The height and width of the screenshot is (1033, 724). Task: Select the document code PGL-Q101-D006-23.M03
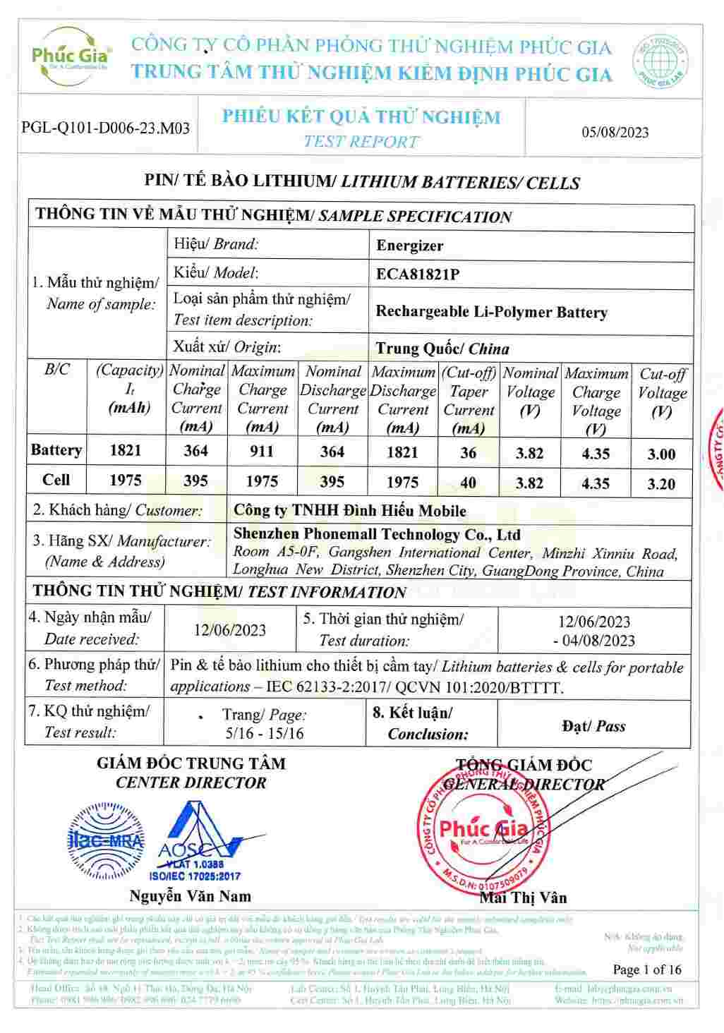tap(106, 128)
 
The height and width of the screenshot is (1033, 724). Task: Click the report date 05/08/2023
tap(615, 133)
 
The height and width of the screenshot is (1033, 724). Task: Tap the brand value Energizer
tap(409, 246)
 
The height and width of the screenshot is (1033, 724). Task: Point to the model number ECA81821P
tap(417, 274)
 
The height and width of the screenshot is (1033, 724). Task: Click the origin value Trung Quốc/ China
tap(442, 349)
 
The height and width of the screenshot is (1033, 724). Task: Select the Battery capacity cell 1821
tap(126, 450)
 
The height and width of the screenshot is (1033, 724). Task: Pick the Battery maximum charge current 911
tap(262, 452)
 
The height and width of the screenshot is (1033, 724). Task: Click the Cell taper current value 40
tap(468, 483)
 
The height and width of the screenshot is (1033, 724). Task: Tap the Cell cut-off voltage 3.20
tap(661, 484)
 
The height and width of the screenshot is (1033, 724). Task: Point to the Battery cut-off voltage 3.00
tap(661, 454)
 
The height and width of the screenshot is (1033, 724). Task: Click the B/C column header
tap(57, 370)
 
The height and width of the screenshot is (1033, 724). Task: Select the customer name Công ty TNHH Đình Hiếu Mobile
tap(349, 511)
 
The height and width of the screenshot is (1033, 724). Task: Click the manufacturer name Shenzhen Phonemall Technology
tap(377, 535)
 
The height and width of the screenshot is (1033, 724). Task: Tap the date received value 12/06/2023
tap(230, 629)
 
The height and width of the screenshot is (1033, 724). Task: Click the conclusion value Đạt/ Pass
tap(593, 726)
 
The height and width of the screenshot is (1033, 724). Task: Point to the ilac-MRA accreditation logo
tap(105, 840)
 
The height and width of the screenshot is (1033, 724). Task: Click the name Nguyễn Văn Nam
tap(190, 896)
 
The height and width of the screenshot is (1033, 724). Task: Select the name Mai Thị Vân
tap(523, 898)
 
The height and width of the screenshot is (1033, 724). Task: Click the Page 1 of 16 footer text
tap(647, 969)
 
